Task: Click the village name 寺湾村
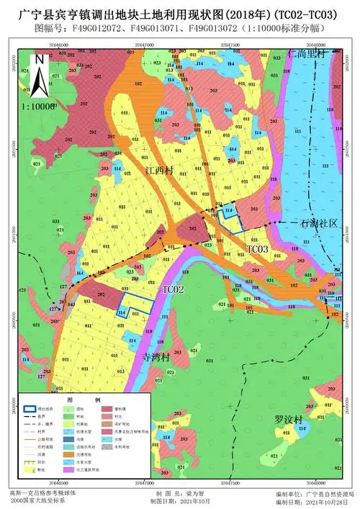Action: [156, 356]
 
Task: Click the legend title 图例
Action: [84, 400]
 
